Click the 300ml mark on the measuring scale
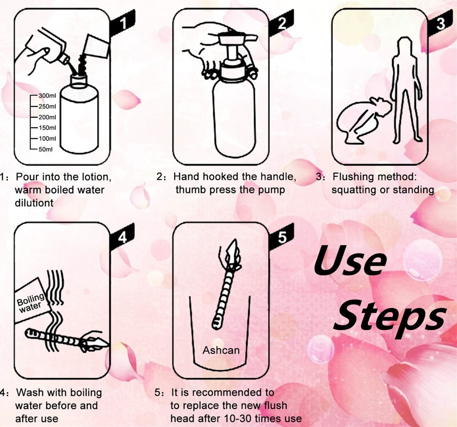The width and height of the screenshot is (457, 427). coord(47,96)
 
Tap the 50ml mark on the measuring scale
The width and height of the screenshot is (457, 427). coord(46,149)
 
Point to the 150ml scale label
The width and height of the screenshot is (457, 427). coord(47,128)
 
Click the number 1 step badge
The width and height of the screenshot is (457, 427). coord(122,23)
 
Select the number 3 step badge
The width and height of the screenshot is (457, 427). coord(440,23)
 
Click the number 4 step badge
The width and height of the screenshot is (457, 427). coord(122,237)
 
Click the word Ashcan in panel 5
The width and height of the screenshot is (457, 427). coord(221,350)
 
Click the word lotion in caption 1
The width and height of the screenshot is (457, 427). coord(97,177)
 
